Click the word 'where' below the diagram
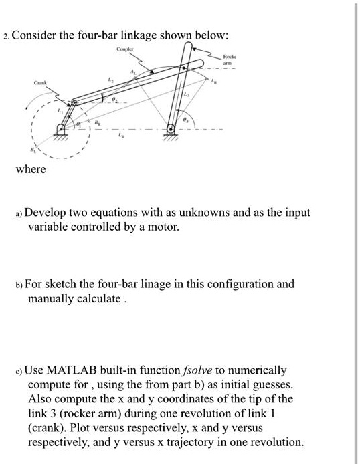tap(31, 169)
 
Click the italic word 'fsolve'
tap(198, 370)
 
